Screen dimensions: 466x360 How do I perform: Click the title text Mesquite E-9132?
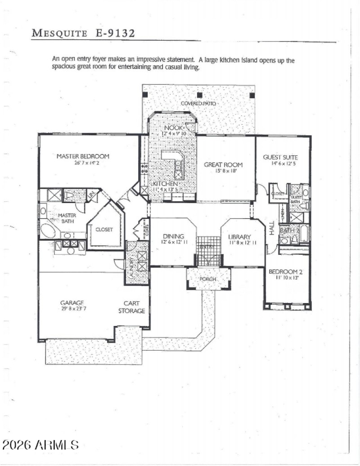click(x=83, y=33)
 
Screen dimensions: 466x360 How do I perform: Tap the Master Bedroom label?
click(x=83, y=156)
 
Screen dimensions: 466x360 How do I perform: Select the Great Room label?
click(x=223, y=165)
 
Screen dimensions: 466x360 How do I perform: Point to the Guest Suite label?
click(x=280, y=157)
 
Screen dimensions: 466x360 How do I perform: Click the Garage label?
click(x=72, y=303)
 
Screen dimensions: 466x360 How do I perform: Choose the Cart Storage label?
click(x=131, y=307)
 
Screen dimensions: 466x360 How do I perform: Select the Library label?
click(x=239, y=237)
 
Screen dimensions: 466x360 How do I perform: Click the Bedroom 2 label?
click(x=283, y=271)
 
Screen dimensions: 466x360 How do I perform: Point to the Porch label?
click(x=208, y=279)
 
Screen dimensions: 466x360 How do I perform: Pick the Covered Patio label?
click(x=198, y=104)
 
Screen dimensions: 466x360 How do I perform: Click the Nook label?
click(x=172, y=127)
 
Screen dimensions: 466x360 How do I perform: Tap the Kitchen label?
click(x=165, y=184)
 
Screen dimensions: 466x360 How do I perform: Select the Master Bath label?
click(x=67, y=218)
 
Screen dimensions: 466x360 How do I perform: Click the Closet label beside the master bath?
click(x=104, y=229)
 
